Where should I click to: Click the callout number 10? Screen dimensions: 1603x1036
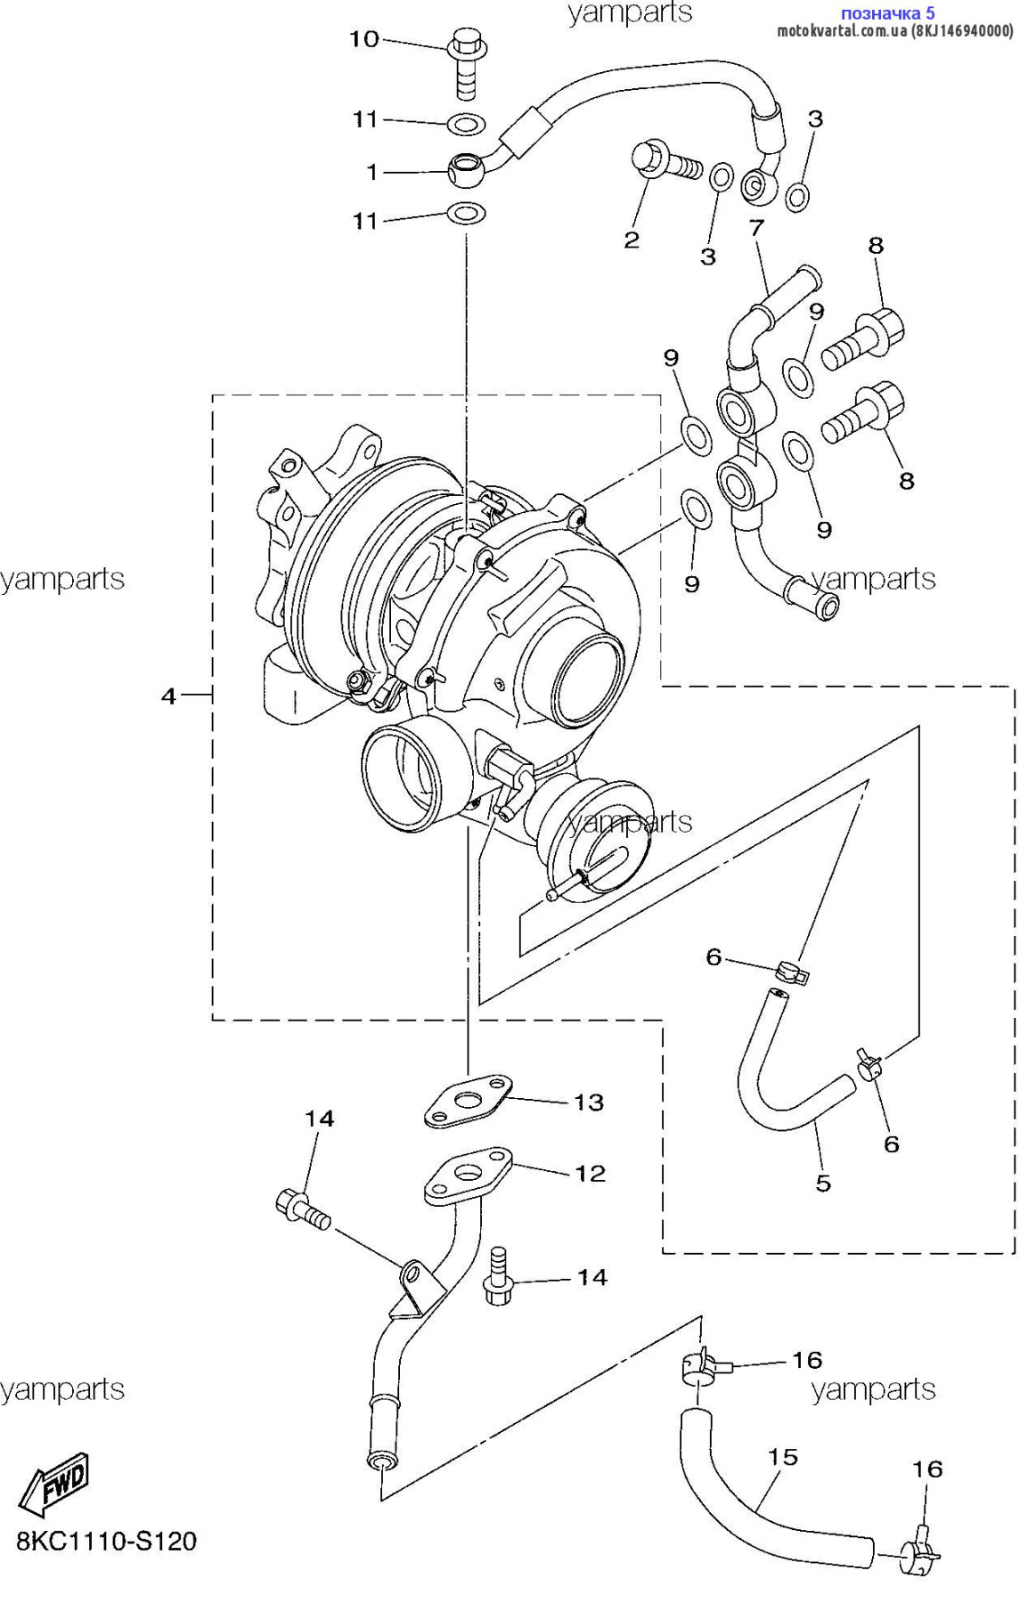tap(363, 39)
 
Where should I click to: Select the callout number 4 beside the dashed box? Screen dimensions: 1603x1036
tap(168, 696)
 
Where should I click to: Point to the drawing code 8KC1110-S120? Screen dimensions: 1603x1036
tap(106, 1542)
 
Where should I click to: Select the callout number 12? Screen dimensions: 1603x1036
tap(590, 1174)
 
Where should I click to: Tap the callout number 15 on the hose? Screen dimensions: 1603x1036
tap(783, 1457)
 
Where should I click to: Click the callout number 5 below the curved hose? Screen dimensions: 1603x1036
tap(823, 1183)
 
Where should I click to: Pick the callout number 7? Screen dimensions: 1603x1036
tap(756, 228)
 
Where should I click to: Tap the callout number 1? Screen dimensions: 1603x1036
tap(372, 172)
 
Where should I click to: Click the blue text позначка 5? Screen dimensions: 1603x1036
tap(887, 13)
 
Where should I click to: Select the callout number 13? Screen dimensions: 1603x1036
tap(589, 1103)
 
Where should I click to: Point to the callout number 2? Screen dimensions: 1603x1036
tap(632, 239)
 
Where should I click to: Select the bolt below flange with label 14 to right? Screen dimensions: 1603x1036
tap(498, 1279)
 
